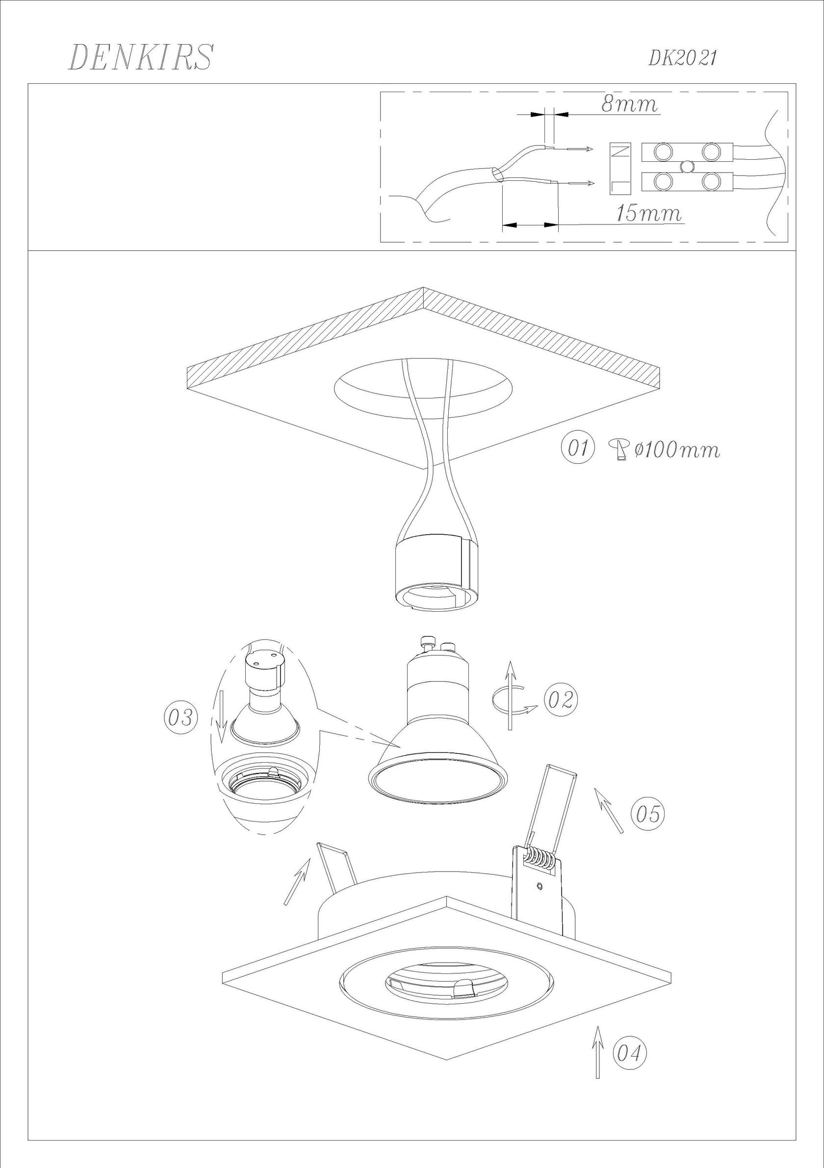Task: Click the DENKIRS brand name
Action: [140, 57]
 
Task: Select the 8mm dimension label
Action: [630, 104]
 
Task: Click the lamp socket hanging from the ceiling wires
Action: [436, 571]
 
